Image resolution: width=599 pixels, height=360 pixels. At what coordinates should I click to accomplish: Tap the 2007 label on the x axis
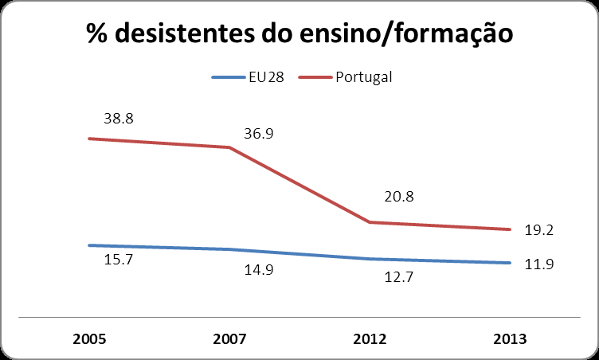(229, 338)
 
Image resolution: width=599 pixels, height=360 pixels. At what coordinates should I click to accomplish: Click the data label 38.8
(119, 118)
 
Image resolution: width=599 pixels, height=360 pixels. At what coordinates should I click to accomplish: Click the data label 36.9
(259, 134)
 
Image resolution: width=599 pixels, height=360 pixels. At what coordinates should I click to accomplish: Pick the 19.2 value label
(538, 229)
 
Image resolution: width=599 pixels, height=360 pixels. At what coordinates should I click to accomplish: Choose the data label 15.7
(119, 260)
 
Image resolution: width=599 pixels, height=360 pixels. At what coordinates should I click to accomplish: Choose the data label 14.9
(259, 270)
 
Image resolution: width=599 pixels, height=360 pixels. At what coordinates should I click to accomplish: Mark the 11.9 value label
(538, 264)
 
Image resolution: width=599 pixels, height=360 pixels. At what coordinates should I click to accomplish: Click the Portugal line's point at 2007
(229, 147)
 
